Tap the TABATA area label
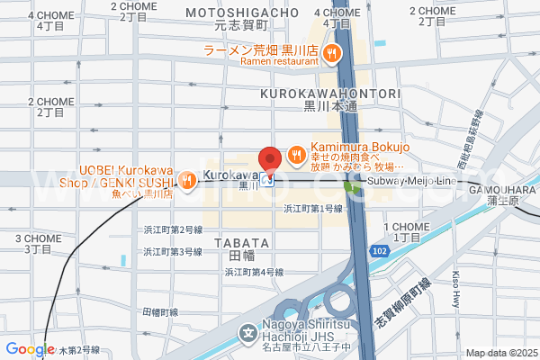pyautogui.click(x=241, y=243)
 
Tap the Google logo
pyautogui.click(x=30, y=349)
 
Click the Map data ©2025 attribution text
pyautogui.click(x=499, y=353)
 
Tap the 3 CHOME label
pyautogui.click(x=38, y=238)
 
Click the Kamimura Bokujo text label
pyautogui.click(x=360, y=148)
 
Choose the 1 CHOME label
pyautogui.click(x=401, y=228)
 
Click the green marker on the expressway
pyautogui.click(x=348, y=186)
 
